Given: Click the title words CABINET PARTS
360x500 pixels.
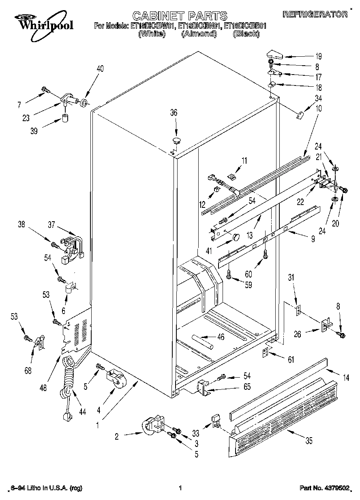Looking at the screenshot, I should coord(180,16).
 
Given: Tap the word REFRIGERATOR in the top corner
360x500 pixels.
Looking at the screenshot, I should coord(315,14).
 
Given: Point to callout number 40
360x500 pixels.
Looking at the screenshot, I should coord(100,68).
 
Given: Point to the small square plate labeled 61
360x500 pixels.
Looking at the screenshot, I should coord(266,353).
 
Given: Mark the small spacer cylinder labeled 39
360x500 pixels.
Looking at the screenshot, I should coord(65,119).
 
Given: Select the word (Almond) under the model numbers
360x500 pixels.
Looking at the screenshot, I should coord(199,34).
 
